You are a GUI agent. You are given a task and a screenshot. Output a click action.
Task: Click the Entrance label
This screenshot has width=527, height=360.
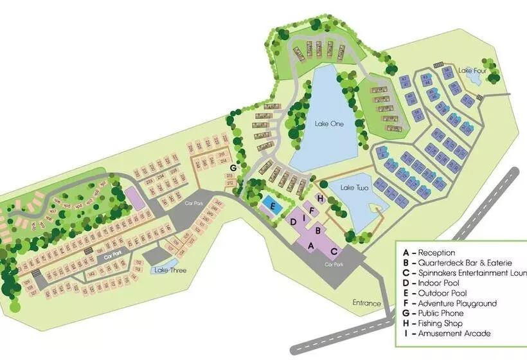367,303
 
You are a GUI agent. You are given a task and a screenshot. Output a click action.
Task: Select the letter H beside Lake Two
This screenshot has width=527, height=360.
319,197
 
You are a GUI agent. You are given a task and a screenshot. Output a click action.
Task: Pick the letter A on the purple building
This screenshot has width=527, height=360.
311,246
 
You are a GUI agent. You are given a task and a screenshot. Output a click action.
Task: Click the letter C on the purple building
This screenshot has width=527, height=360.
334,250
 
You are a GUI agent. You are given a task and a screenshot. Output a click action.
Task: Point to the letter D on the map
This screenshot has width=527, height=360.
293,222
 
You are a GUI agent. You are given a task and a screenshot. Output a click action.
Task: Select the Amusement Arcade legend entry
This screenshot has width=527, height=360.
447,334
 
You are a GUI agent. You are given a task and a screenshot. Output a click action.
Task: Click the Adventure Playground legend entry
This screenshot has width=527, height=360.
449,303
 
